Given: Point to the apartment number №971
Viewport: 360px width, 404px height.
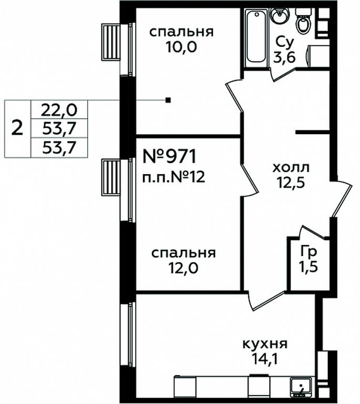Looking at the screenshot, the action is [x=170, y=156].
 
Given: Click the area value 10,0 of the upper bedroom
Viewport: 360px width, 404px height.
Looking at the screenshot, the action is [x=181, y=47].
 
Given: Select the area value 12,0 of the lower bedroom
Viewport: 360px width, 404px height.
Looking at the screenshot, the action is [x=183, y=268].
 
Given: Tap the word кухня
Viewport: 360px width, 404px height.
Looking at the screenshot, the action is [x=265, y=344].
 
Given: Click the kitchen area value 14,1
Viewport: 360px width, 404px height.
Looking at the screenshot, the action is [x=265, y=359].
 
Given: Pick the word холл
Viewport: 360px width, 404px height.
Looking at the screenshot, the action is [x=291, y=168].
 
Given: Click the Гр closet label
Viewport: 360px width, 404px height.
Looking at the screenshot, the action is [x=308, y=252].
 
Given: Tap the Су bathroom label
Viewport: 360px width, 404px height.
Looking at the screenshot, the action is [x=284, y=43].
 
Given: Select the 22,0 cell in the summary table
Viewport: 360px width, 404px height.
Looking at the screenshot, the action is [x=59, y=110].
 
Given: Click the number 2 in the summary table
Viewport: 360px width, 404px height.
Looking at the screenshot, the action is [x=17, y=128].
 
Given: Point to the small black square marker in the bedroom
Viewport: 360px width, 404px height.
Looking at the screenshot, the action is [x=168, y=100].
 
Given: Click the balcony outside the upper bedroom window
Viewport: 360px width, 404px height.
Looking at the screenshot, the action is [x=111, y=42].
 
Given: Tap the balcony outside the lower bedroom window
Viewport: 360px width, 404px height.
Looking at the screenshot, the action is [x=111, y=177].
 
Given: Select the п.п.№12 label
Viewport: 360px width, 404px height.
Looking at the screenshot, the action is [x=174, y=177].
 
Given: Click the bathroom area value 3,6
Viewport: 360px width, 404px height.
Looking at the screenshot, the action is [x=284, y=58].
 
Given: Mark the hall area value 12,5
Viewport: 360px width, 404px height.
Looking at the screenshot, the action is [x=291, y=183].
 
